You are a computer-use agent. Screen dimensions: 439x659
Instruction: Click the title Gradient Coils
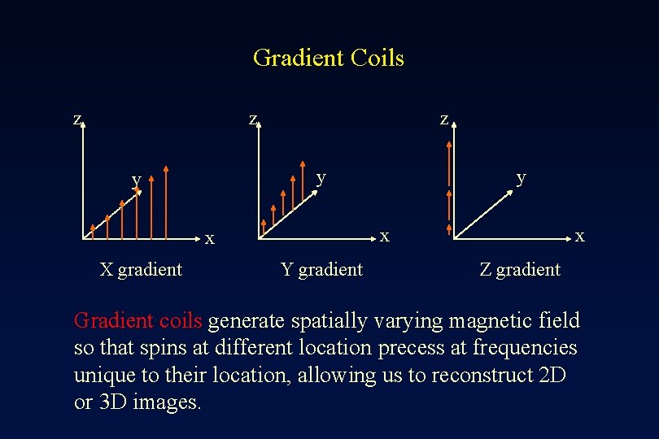pyautogui.click(x=328, y=59)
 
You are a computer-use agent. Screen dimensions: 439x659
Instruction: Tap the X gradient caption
pyautogui.click(x=141, y=269)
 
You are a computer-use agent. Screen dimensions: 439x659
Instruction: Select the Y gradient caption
pyautogui.click(x=321, y=269)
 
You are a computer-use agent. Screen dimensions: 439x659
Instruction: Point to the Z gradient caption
pyautogui.click(x=520, y=269)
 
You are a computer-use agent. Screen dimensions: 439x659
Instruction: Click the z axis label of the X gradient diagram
pyautogui.click(x=77, y=119)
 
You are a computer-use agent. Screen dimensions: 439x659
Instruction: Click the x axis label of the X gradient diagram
pyautogui.click(x=210, y=239)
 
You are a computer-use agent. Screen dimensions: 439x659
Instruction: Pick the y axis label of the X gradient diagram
pyautogui.click(x=137, y=179)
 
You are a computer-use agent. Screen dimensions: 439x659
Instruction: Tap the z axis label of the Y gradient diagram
pyautogui.click(x=253, y=119)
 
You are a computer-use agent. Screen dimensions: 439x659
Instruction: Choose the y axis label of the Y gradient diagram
pyautogui.click(x=321, y=176)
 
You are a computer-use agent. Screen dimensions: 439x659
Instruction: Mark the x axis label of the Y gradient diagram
pyautogui.click(x=385, y=236)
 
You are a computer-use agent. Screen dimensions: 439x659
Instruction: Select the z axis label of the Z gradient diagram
pyautogui.click(x=443, y=119)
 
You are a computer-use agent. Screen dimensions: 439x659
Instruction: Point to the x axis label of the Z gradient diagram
pyautogui.click(x=579, y=236)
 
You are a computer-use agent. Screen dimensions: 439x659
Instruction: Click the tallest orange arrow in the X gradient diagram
pyautogui.click(x=166, y=203)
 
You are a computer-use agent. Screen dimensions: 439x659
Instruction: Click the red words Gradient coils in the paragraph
pyautogui.click(x=138, y=320)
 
